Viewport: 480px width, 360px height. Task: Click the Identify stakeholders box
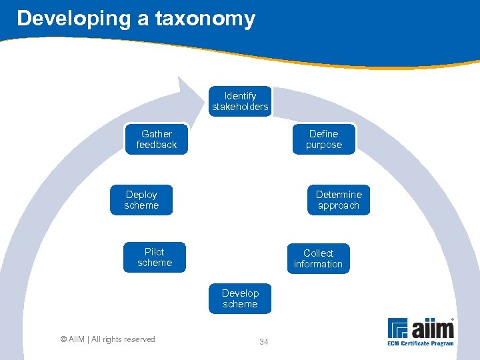point(240,101)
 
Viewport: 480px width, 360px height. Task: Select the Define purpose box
point(324,139)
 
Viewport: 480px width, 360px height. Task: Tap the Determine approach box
point(339,200)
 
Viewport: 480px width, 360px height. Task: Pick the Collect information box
point(318,259)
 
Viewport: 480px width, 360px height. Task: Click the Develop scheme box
point(240,299)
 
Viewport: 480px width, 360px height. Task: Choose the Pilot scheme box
point(155,257)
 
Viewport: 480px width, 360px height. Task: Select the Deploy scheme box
point(141,200)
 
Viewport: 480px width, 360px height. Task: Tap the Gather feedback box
point(157,139)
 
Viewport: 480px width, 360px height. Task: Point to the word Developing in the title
point(74,19)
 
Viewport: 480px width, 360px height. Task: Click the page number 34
point(263,342)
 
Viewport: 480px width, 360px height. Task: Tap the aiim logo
point(421,329)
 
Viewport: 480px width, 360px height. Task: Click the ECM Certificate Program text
point(421,343)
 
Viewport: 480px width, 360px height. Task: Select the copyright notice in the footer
point(107,339)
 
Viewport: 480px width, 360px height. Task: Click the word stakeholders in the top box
point(240,107)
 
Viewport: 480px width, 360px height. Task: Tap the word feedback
point(157,145)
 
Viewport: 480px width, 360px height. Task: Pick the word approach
point(339,205)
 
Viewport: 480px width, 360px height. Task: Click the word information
point(318,264)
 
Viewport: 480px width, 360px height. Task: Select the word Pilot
point(155,252)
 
